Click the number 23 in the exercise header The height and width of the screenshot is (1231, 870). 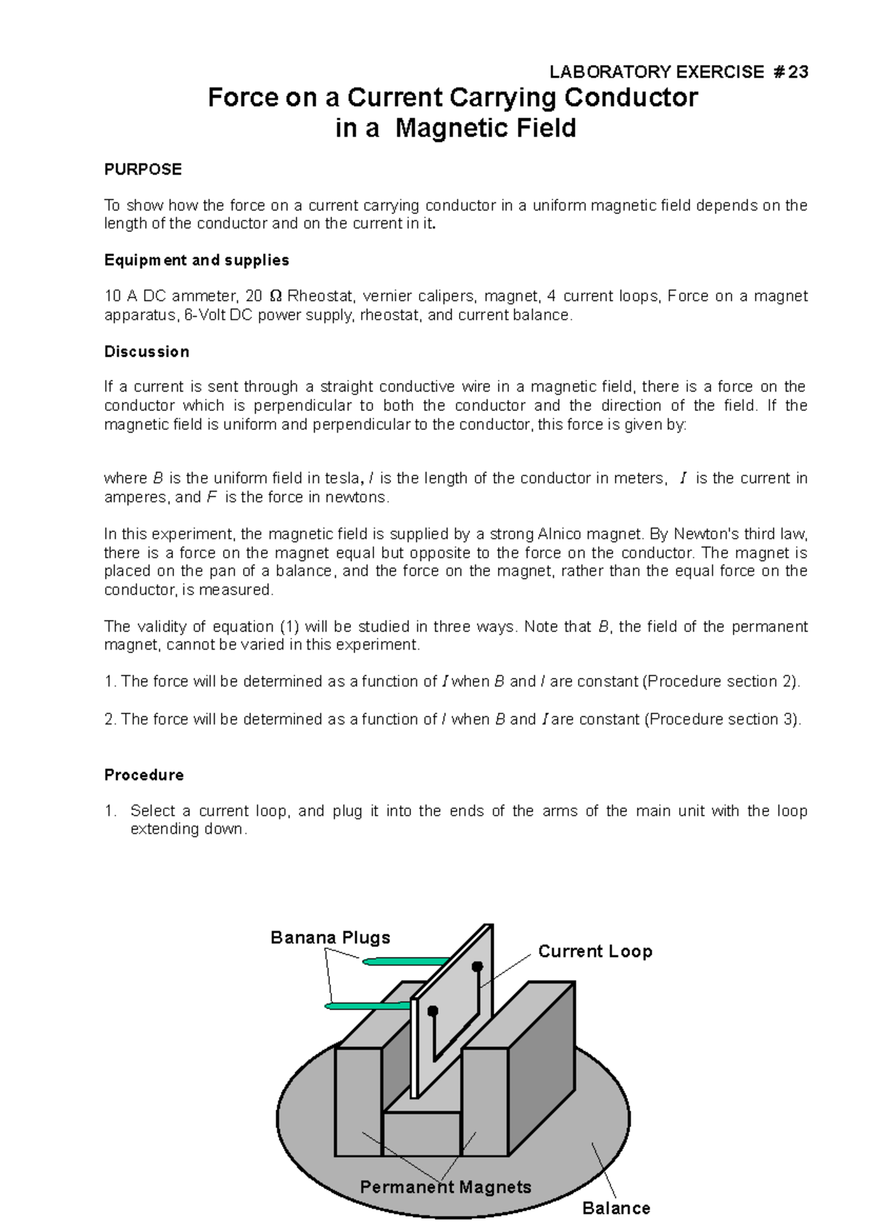click(x=797, y=72)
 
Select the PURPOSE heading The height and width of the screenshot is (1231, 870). click(x=143, y=170)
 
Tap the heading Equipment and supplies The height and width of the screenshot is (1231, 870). click(x=196, y=260)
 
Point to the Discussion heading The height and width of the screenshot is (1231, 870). click(x=146, y=352)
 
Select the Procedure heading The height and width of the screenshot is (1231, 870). click(x=144, y=775)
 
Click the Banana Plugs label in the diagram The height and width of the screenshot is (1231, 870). click(x=330, y=937)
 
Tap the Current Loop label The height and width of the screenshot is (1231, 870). click(x=594, y=951)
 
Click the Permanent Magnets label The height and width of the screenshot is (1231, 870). click(x=445, y=1187)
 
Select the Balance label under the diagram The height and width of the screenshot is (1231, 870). click(x=616, y=1208)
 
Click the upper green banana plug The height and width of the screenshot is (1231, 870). click(x=406, y=961)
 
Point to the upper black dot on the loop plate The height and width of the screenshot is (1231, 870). click(x=477, y=966)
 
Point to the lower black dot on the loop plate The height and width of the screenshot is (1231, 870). click(x=433, y=1011)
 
